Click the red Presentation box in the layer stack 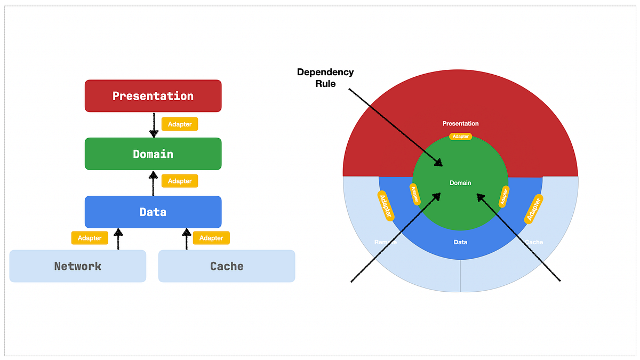(x=153, y=96)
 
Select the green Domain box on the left (x=153, y=154)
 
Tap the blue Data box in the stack (x=153, y=212)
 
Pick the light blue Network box (x=78, y=266)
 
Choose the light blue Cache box (x=227, y=266)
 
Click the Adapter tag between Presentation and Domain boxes (x=180, y=124)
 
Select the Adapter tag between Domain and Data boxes (x=180, y=181)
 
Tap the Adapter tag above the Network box (x=90, y=238)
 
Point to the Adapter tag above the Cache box (x=211, y=238)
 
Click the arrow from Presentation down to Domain (x=154, y=125)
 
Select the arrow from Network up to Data (x=118, y=238)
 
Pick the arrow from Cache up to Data (x=187, y=238)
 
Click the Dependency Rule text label (x=325, y=78)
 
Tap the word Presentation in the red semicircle (x=460, y=124)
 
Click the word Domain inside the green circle (x=460, y=183)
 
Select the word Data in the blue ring (x=460, y=242)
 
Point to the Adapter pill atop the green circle (x=460, y=137)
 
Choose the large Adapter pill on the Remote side (x=386, y=206)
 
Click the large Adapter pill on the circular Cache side (x=534, y=209)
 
